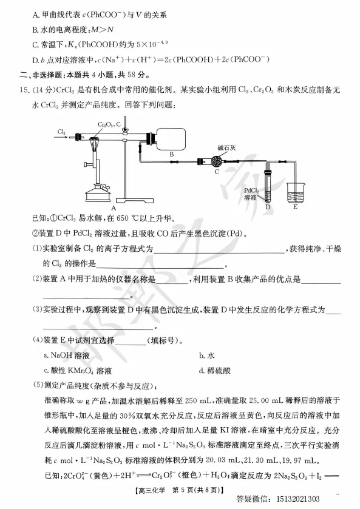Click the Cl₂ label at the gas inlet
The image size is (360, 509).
(x=62, y=131)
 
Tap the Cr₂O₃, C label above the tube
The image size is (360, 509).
(x=110, y=124)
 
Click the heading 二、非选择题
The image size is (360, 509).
(x=41, y=74)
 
